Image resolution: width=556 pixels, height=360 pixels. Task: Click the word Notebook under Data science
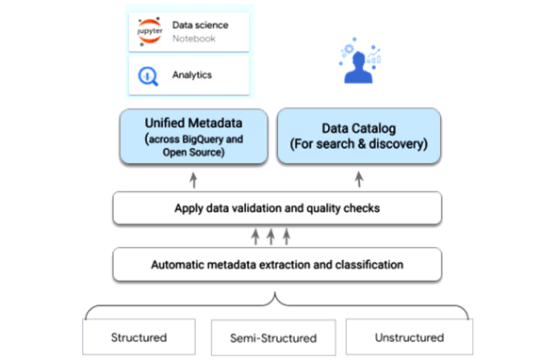coord(194,39)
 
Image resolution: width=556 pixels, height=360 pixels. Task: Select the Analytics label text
coord(192,74)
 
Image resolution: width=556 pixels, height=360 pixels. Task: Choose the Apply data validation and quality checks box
coord(277,207)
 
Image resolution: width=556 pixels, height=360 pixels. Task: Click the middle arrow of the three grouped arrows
coord(270,236)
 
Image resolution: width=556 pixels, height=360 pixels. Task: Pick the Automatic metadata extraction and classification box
coord(277,265)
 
